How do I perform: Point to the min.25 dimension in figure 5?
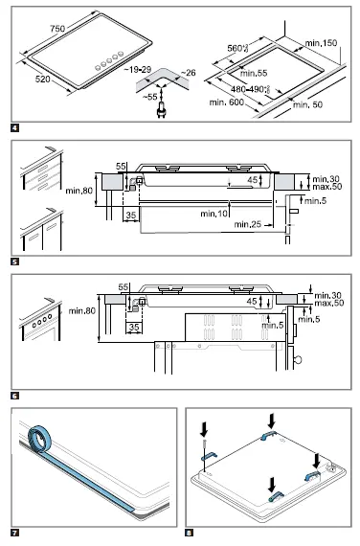(x=253, y=223)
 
